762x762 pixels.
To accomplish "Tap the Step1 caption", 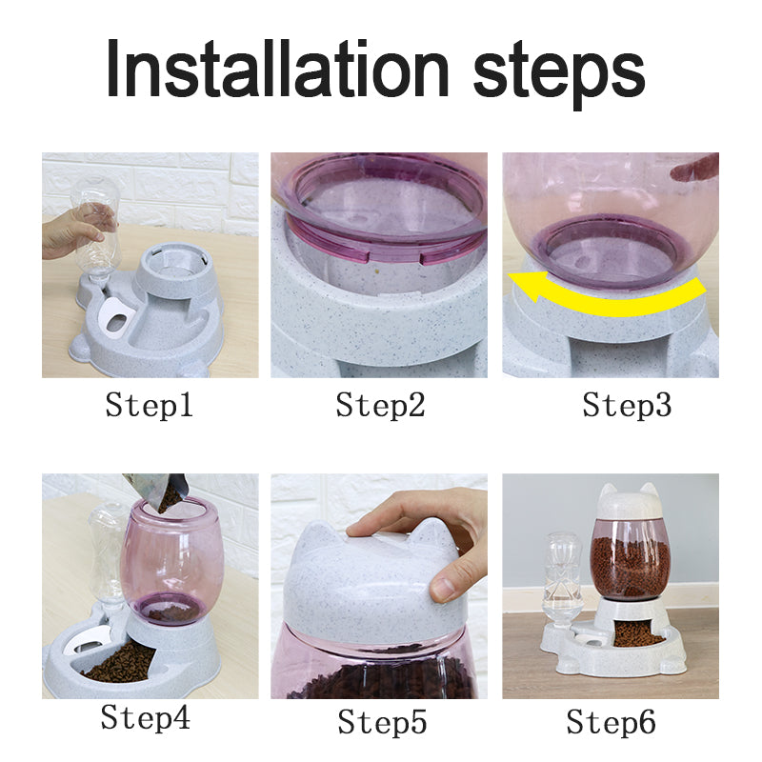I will (150, 407).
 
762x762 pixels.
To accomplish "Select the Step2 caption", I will (380, 407).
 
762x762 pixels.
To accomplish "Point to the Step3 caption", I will (627, 407).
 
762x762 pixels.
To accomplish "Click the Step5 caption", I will (380, 723).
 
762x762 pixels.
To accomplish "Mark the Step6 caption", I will (611, 723).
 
